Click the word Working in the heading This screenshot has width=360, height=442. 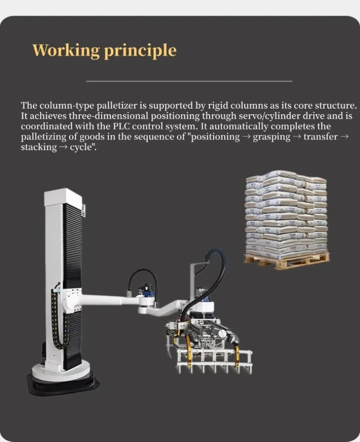tap(66, 51)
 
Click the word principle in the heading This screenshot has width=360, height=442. tap(140, 51)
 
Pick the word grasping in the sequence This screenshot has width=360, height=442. tap(271, 137)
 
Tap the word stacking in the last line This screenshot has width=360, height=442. tap(39, 147)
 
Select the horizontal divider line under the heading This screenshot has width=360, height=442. tap(189, 81)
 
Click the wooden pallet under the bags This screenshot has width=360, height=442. tap(286, 262)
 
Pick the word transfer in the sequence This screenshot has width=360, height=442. tap(320, 137)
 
